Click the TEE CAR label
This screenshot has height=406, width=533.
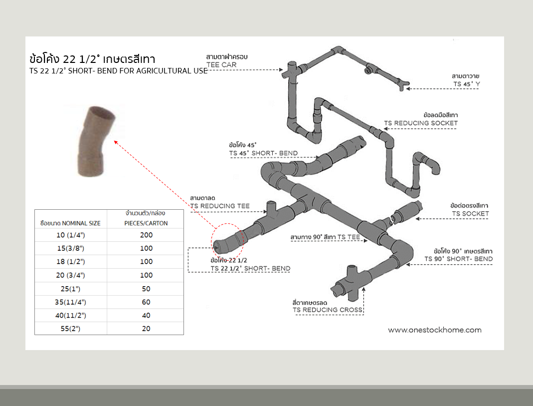pos(221,65)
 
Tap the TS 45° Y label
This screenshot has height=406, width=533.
pos(466,84)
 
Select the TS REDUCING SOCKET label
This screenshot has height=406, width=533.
pos(420,123)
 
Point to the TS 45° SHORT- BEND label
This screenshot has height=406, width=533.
pos(263,153)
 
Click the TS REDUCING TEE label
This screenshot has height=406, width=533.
pos(220,206)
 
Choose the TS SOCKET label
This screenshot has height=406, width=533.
pos(470,213)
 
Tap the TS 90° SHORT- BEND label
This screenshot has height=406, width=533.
pos(458,259)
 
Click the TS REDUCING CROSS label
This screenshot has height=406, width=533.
pos(328,310)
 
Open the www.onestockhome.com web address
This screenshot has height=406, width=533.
pos(435,330)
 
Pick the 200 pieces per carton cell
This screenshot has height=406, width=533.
pos(146,235)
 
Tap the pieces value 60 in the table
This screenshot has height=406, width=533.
pos(146,302)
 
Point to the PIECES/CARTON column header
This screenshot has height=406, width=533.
pos(146,223)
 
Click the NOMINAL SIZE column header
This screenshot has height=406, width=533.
pos(70,223)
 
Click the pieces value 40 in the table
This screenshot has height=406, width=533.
pos(146,316)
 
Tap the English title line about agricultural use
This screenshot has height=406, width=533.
pos(119,71)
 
